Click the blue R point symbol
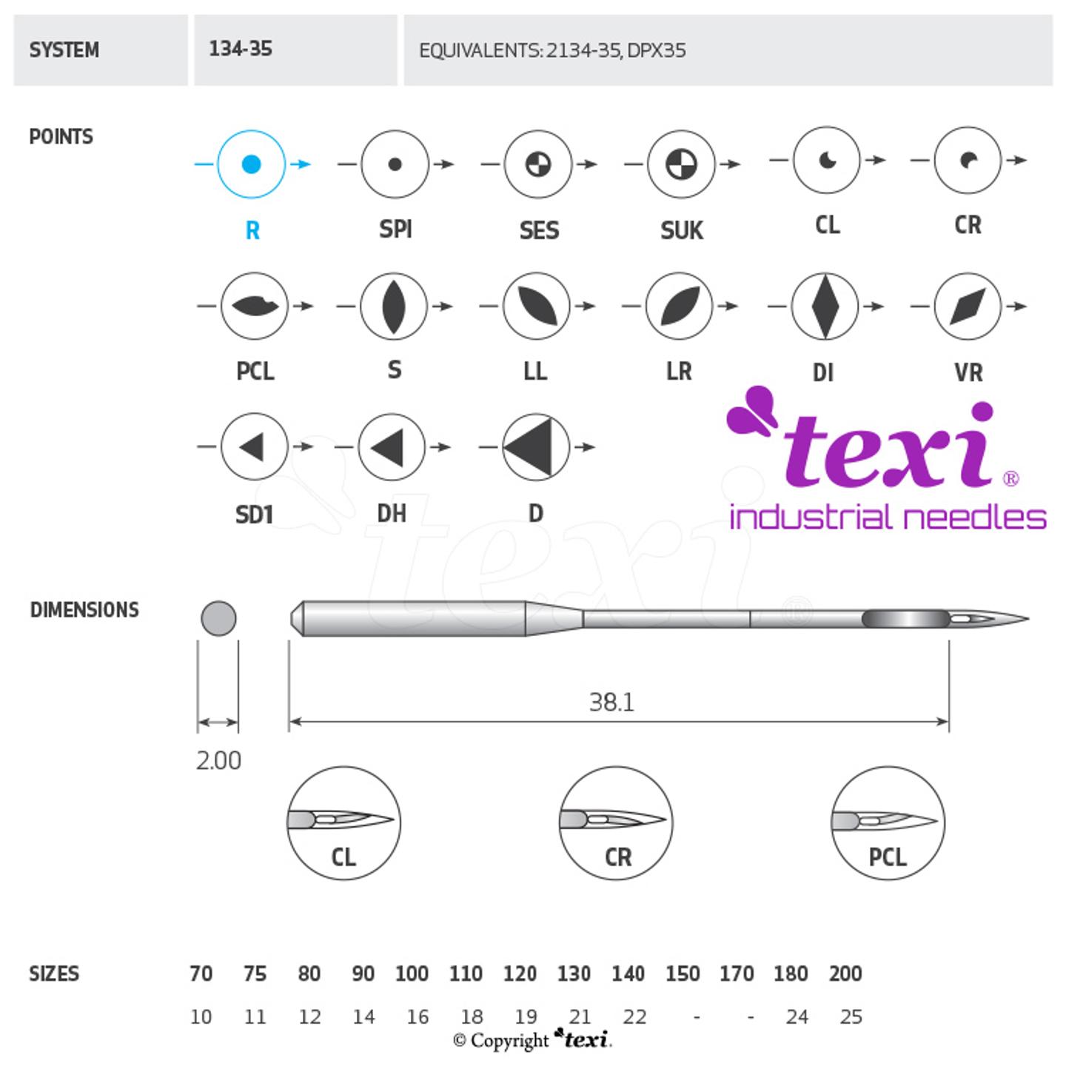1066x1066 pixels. tap(251, 164)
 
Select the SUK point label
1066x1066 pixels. tap(681, 230)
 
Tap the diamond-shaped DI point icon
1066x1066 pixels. tap(824, 306)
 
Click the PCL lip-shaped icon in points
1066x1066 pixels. tap(254, 306)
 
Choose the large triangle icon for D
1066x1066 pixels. tap(536, 447)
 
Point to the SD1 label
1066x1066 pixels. tap(254, 514)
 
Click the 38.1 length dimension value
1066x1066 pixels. tap(611, 702)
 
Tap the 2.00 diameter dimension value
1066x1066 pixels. tap(218, 761)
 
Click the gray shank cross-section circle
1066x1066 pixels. tap(218, 618)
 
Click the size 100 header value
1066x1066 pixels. tap(412, 973)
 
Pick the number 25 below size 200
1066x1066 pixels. tap(851, 1017)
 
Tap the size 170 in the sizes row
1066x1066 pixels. tap(736, 973)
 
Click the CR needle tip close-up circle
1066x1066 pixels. tap(616, 823)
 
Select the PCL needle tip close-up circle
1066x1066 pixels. tap(888, 823)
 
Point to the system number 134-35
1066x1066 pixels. tap(241, 50)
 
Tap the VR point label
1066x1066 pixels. tap(968, 372)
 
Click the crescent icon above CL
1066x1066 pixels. tap(827, 160)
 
